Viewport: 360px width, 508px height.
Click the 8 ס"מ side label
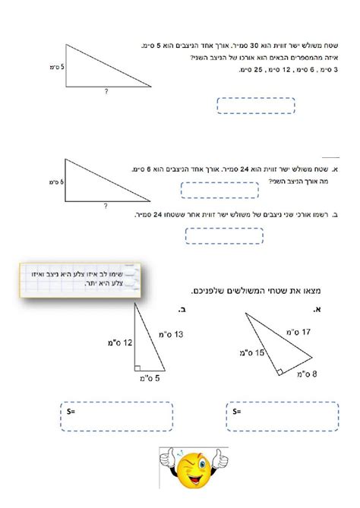click(x=305, y=374)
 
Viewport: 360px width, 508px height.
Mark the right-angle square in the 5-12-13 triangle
click(x=138, y=368)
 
